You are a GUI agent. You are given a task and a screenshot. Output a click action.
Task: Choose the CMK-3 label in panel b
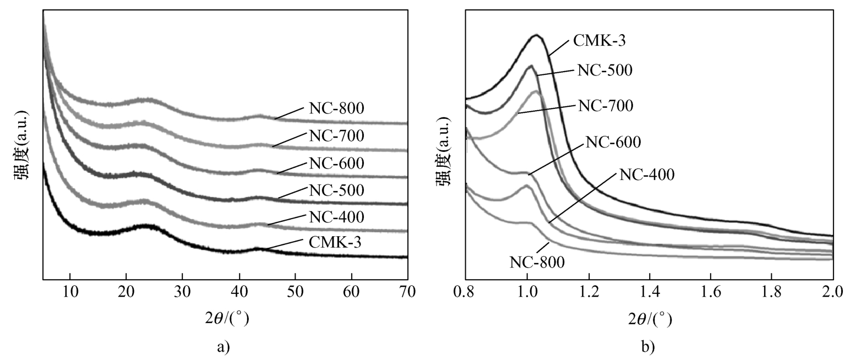[599, 40]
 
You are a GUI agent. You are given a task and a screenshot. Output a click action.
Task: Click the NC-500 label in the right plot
[605, 70]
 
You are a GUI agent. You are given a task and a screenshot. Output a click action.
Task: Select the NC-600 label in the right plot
[613, 142]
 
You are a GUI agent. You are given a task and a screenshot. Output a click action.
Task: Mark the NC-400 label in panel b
[647, 174]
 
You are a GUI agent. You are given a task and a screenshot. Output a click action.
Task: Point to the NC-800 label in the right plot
[537, 261]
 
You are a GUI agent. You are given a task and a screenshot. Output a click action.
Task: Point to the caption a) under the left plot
[223, 347]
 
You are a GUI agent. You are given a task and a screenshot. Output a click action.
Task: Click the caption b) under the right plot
[649, 347]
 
